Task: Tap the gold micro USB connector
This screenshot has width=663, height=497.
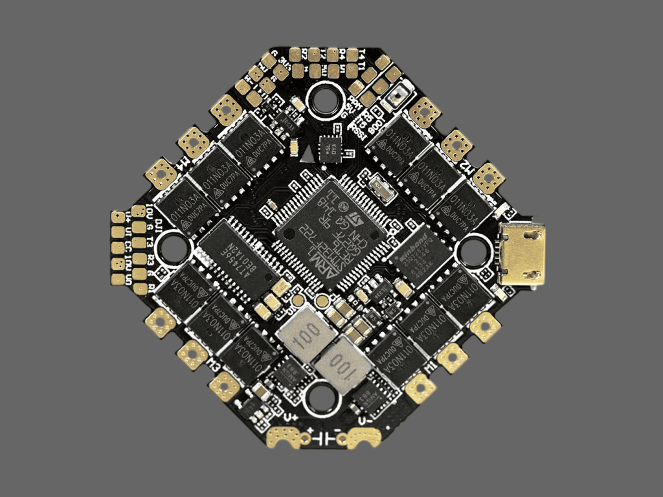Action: (x=524, y=255)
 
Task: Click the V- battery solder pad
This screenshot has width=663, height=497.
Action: (x=366, y=438)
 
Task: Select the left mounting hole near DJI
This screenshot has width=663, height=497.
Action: (x=174, y=248)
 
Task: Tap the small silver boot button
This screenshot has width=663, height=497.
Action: (x=395, y=96)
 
